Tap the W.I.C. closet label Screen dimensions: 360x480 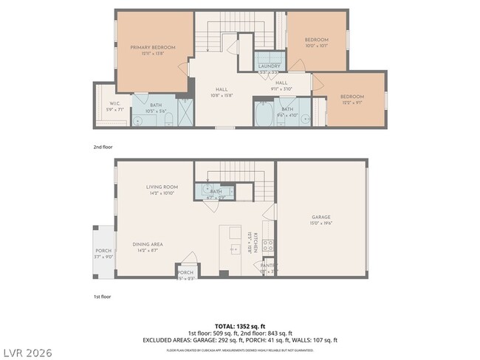(114, 103)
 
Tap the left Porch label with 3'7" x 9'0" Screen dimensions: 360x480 (103, 252)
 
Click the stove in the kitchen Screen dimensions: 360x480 (269, 244)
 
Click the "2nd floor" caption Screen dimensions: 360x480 (103, 147)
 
